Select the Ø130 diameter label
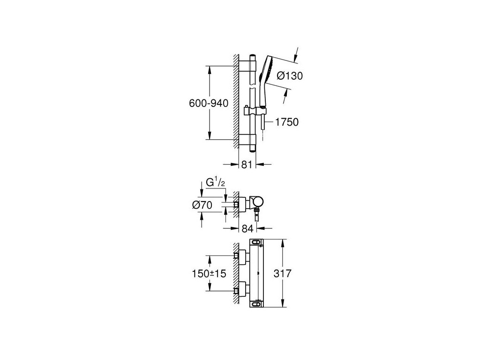(x=290, y=76)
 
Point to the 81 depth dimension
(x=247, y=164)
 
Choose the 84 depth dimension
(x=248, y=229)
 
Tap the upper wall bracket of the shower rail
(x=248, y=66)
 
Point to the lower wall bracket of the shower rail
(x=248, y=139)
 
